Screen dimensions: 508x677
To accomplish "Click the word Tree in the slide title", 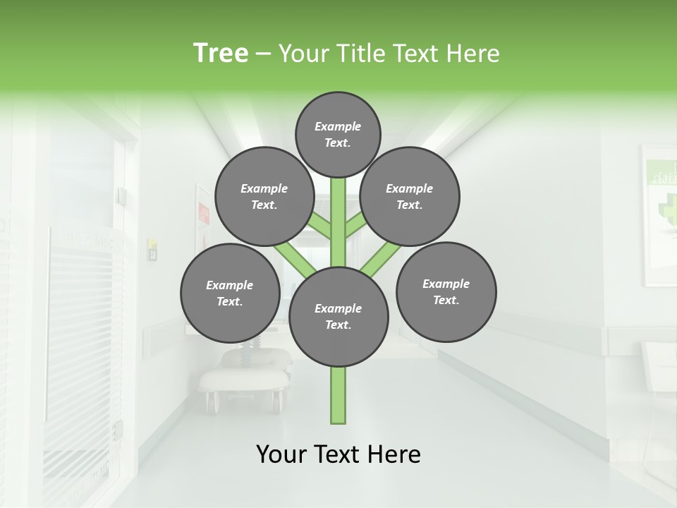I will click(221, 54).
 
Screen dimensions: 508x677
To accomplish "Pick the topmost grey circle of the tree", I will click(338, 134).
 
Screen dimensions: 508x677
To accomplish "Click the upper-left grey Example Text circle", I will click(264, 196).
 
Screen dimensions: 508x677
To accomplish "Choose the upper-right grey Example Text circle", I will click(410, 196).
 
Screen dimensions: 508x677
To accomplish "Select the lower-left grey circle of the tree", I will click(230, 293).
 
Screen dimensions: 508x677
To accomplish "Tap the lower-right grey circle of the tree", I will click(446, 291).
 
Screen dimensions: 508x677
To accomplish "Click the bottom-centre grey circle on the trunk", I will click(338, 317).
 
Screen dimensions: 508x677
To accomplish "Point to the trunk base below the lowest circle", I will click(338, 395).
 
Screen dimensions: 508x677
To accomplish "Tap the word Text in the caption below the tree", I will click(338, 454).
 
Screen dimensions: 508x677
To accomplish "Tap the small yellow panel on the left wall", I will click(152, 248).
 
